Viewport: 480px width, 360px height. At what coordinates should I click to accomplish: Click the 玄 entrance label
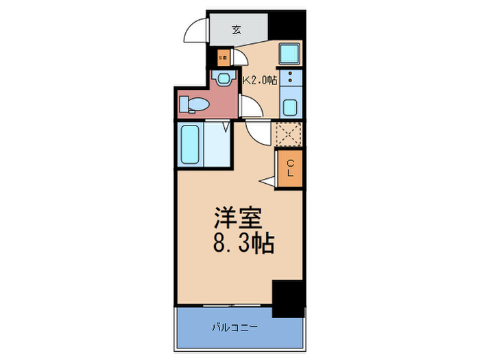click(236, 29)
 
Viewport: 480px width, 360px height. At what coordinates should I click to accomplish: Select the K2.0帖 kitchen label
click(261, 80)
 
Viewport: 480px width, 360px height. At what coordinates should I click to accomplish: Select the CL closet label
click(290, 169)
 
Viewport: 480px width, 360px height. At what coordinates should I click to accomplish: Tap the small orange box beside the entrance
click(223, 58)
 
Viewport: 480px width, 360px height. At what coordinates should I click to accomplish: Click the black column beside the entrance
click(287, 25)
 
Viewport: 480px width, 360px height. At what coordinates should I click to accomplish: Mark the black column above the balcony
click(288, 299)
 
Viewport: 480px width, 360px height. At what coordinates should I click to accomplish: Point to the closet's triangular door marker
click(267, 181)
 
